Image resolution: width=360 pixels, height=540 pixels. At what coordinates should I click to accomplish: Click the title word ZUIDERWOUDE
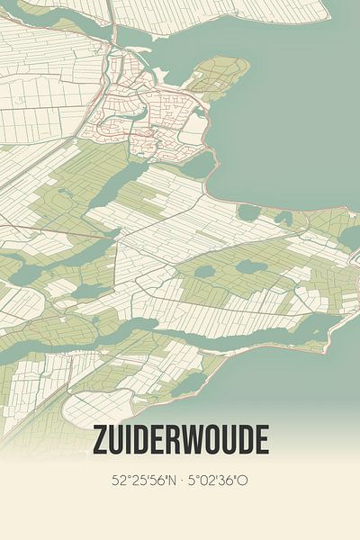click(180, 440)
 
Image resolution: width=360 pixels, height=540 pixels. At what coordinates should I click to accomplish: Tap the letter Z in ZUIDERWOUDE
click(100, 440)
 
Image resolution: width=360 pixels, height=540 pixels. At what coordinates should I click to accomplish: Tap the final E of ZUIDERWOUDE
click(262, 440)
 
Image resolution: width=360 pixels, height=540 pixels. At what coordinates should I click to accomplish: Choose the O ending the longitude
click(243, 481)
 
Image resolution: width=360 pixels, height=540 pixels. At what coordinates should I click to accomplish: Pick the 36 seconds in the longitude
click(227, 481)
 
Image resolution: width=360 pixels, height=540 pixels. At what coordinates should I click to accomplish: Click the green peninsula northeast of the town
click(221, 76)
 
